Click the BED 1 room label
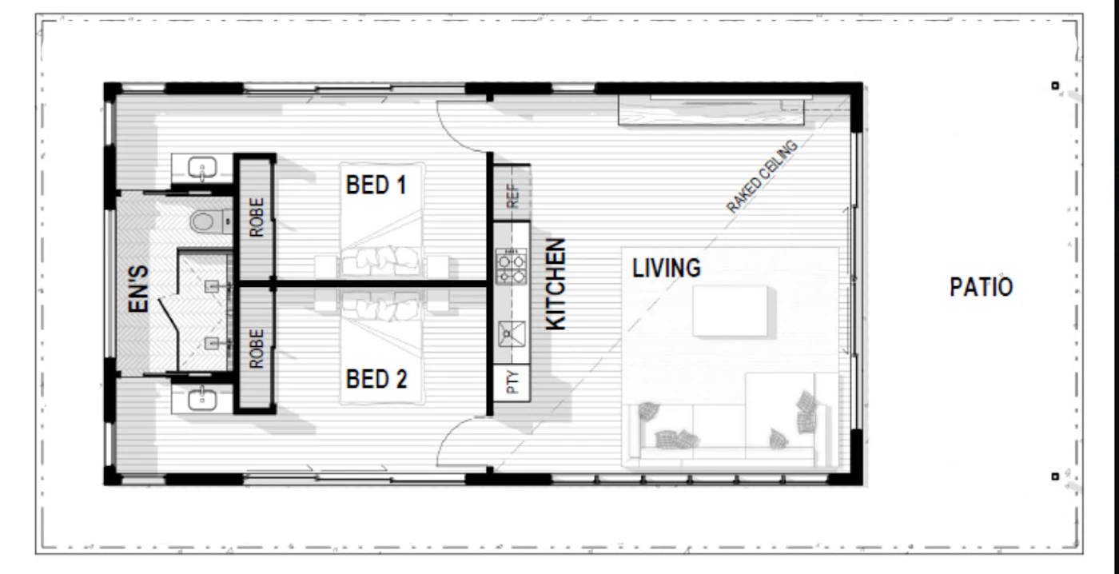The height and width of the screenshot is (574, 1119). click(376, 185)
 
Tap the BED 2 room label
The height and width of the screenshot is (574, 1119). click(376, 378)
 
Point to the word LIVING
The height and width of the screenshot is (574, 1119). click(667, 268)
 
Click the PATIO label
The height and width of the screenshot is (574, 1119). click(982, 287)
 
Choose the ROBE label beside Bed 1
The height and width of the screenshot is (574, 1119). click(256, 217)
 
